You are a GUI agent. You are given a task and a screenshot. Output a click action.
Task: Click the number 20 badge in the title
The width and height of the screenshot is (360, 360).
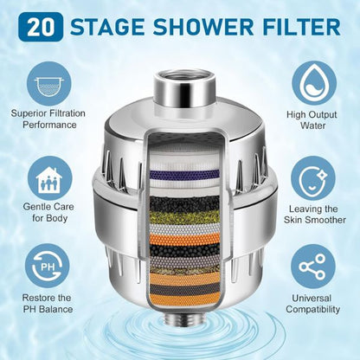click(x=41, y=27)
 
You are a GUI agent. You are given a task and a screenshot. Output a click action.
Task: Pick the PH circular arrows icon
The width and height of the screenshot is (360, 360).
click(x=48, y=266)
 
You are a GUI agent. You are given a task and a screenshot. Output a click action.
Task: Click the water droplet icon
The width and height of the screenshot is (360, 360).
click(x=314, y=83)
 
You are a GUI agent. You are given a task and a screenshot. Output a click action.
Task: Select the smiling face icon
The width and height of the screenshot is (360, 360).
click(x=313, y=178)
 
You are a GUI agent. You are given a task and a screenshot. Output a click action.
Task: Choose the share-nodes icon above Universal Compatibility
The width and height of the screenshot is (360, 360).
click(x=313, y=267)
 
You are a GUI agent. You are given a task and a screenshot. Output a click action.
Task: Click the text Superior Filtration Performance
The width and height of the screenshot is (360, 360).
click(x=48, y=119)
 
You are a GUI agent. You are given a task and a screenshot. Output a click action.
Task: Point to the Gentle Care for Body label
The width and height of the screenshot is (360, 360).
click(x=48, y=212)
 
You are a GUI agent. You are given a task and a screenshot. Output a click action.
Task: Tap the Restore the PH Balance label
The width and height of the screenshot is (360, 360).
click(x=48, y=304)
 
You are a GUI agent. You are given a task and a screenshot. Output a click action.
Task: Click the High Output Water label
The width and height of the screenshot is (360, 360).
click(x=312, y=120)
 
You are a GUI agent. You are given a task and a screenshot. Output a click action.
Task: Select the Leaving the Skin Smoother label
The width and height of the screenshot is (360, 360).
click(x=314, y=215)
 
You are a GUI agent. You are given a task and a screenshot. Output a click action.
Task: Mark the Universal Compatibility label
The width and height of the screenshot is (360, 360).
click(x=313, y=304)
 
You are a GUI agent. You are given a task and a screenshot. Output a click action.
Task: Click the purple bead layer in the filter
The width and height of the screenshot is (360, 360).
click(x=184, y=174)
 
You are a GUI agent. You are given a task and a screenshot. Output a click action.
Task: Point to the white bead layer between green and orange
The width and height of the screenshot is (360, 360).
click(x=184, y=228)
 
